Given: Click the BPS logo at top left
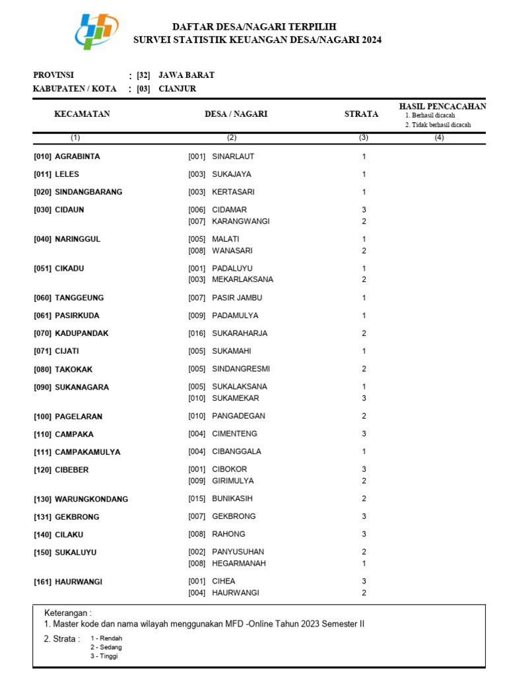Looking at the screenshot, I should point(97,31).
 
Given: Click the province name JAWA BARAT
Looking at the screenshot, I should point(186,75).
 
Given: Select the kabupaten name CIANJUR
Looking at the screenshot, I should point(177,88).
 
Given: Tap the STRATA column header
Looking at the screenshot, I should point(361,114).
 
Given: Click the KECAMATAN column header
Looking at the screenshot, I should point(82,114).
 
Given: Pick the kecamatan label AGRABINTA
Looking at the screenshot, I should point(77,157).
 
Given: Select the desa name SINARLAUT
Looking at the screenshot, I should point(233,157).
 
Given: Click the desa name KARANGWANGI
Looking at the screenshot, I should point(241,221).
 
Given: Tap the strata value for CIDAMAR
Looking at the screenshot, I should point(364,210).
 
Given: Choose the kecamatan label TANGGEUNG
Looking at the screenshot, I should point(79,298).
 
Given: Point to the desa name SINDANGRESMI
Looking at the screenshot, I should point(241,369).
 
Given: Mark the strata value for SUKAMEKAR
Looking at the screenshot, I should point(364,398).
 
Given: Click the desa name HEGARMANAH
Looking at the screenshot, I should point(239,563).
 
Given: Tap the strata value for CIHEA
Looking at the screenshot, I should point(364,582).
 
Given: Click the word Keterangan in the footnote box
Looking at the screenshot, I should point(67,613).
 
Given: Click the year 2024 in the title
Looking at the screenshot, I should point(370,40).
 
